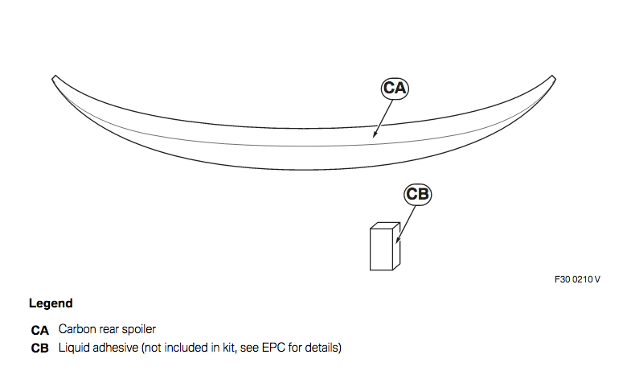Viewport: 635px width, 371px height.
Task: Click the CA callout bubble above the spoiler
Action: (x=395, y=89)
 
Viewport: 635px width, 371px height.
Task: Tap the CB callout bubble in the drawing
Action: (x=417, y=194)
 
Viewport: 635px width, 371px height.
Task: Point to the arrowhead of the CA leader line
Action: (x=375, y=134)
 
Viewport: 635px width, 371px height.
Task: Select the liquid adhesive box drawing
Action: (x=385, y=246)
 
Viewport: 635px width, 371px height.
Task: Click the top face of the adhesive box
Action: (x=385, y=225)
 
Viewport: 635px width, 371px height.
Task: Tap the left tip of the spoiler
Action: (x=53, y=78)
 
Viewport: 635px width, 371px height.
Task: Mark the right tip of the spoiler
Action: (x=555, y=78)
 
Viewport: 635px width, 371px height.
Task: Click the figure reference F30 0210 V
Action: (x=577, y=279)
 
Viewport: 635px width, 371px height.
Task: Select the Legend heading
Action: (x=51, y=303)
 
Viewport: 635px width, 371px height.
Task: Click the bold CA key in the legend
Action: (x=39, y=331)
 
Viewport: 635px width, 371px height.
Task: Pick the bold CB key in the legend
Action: (x=39, y=348)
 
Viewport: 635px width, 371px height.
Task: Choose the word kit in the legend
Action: (x=229, y=348)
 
